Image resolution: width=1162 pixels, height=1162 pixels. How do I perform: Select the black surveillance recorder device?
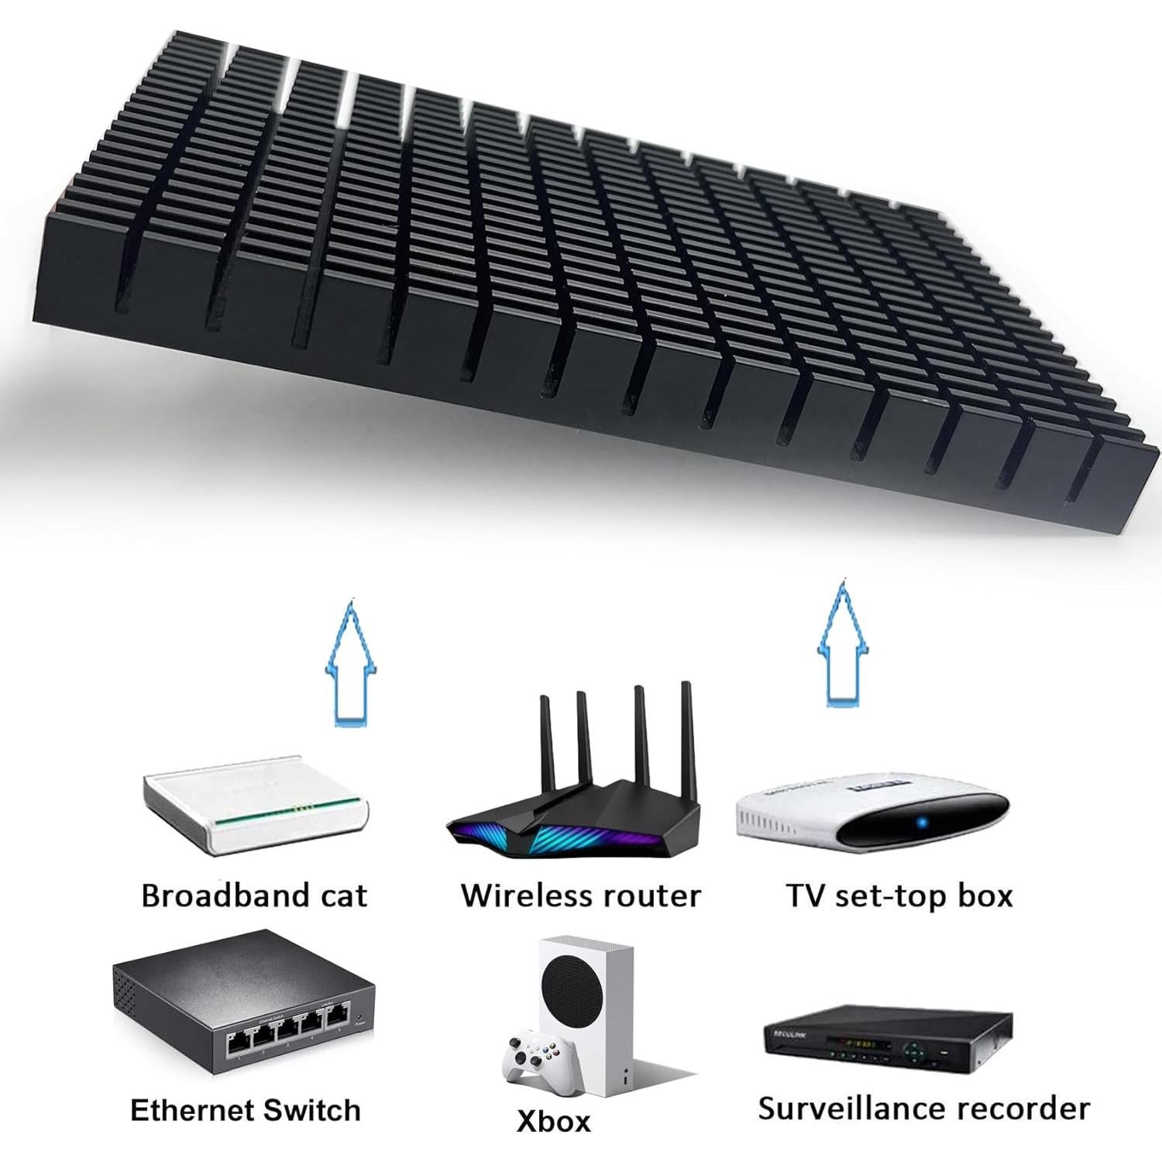[x=888, y=1042]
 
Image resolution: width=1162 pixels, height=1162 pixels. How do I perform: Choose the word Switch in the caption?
[x=314, y=1110]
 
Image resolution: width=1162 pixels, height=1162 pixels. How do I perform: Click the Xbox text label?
[x=553, y=1121]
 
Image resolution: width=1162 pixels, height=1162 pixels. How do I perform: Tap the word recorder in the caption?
[x=1034, y=1109]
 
